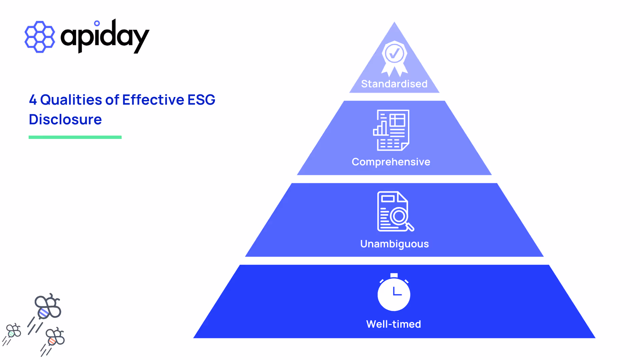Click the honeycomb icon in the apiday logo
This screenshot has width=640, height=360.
click(40, 37)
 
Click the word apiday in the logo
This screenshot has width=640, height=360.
click(105, 37)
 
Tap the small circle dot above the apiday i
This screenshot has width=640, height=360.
click(97, 23)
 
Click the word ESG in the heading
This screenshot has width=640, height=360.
click(201, 100)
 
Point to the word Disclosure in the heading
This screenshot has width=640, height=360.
click(65, 119)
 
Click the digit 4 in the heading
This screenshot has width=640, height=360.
click(33, 100)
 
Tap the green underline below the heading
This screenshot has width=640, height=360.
click(75, 137)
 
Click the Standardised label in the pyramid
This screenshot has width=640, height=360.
click(394, 84)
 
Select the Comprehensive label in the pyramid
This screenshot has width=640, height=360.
click(391, 162)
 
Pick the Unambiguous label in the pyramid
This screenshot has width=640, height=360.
click(394, 244)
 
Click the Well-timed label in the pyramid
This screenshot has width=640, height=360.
click(394, 324)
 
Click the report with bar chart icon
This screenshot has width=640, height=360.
click(391, 130)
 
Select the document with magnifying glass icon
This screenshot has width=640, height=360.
click(395, 211)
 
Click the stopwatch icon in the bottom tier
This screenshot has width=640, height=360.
click(394, 292)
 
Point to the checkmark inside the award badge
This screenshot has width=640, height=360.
click(395, 53)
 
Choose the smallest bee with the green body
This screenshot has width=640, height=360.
click(14, 331)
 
